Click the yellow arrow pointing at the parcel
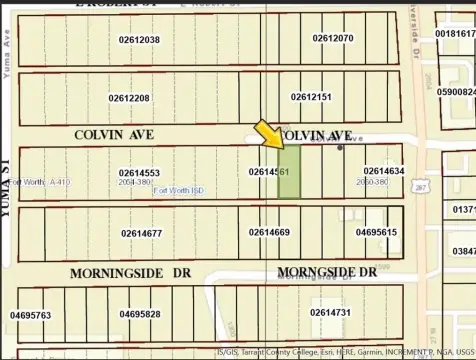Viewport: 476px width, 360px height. (267, 134)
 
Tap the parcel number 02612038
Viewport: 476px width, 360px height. (139, 40)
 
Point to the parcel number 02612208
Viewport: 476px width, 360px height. (129, 98)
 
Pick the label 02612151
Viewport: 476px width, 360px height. (311, 97)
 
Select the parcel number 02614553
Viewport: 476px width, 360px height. (139, 173)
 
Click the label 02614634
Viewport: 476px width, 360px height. (384, 171)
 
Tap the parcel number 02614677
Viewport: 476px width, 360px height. (142, 233)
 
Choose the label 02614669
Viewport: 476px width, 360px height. (269, 232)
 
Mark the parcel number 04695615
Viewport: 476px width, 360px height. (376, 232)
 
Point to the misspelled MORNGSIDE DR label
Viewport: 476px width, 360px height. (326, 272)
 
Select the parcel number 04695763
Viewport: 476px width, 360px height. (30, 315)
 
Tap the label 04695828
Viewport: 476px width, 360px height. (140, 314)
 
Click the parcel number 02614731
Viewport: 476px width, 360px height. (330, 313)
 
